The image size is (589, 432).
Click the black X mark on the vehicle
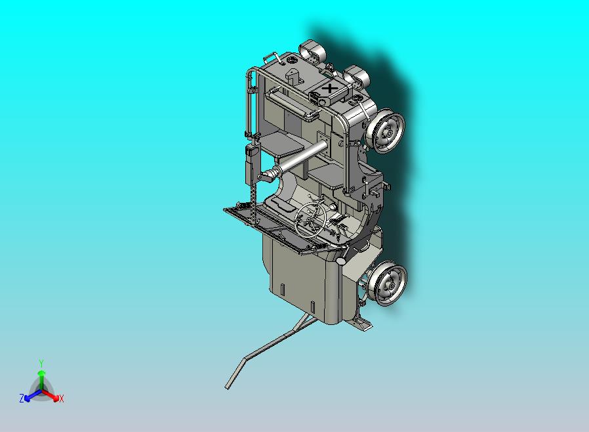click(x=330, y=89)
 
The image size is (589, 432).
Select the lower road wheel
click(x=387, y=284)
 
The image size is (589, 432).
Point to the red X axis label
click(x=61, y=399)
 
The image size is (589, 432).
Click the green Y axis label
click(x=41, y=363)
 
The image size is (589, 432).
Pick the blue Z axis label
click(x=22, y=398)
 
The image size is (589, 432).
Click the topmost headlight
click(x=312, y=51)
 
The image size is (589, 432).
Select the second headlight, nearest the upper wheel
click(x=356, y=77)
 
